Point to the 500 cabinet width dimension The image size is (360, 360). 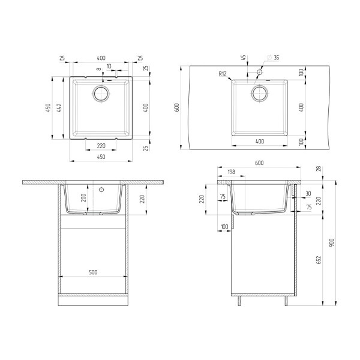93,272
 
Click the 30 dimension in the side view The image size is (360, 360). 308,193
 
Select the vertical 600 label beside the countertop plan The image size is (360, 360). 176,107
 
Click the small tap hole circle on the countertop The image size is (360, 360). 259,72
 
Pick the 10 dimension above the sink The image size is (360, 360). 109,66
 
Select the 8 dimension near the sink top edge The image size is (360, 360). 99,70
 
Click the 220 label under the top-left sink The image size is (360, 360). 101,146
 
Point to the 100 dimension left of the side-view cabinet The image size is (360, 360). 224,227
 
